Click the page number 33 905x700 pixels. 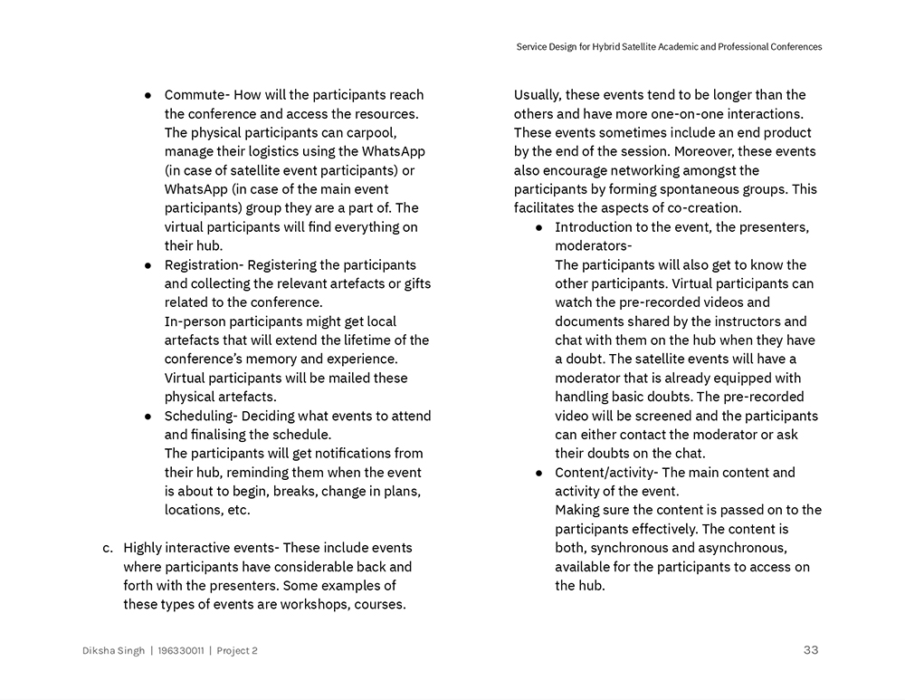[x=810, y=650]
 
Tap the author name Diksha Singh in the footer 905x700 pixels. [x=113, y=651]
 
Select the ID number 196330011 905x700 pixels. [x=180, y=651]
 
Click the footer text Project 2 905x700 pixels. [x=237, y=651]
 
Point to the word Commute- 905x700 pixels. [x=196, y=95]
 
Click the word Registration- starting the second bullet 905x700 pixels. [x=204, y=264]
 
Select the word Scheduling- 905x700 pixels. [x=201, y=416]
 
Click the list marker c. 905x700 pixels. [x=108, y=548]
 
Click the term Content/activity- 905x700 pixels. [x=606, y=472]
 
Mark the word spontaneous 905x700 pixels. [x=697, y=189]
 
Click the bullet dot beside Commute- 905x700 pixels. [x=148, y=95]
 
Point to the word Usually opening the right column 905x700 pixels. [x=540, y=95]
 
